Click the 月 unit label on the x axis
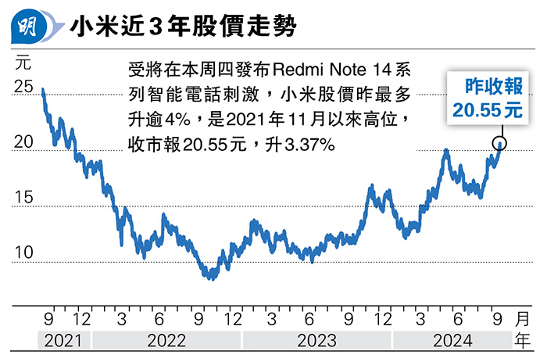tap(523, 320)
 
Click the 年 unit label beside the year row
tap(523, 341)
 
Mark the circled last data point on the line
tap(500, 143)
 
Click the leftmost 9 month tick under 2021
tap(48, 320)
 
